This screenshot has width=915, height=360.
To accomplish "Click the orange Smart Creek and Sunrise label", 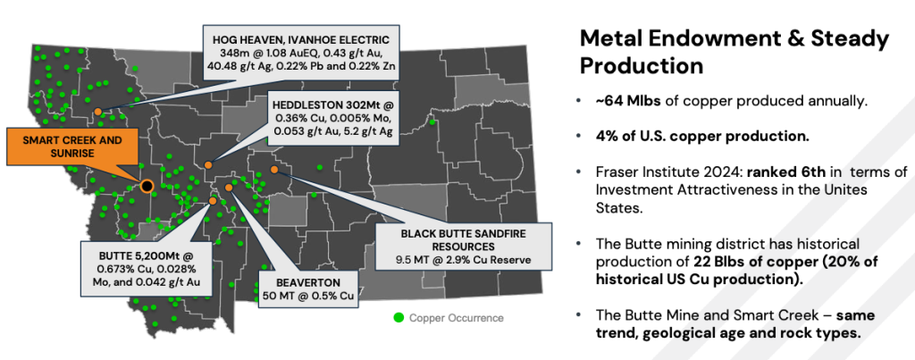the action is coord(73,146).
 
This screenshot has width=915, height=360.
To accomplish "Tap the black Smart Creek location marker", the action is coord(147,186).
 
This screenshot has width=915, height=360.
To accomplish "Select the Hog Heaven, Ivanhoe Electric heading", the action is coord(301,40).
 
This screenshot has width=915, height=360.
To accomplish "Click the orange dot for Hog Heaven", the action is coord(98,111).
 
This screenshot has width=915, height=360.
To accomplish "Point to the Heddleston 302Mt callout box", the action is coord(334,121).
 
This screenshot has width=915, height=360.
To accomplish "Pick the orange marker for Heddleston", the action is coord(207,165).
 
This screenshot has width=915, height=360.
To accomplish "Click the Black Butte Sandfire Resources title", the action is coord(464,239).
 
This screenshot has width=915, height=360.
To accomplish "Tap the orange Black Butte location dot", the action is coord(274,169).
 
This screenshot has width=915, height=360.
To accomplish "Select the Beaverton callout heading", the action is coord(308,281).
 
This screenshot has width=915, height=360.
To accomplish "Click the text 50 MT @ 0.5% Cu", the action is coord(308,295).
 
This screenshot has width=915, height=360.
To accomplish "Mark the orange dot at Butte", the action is coord(213,200).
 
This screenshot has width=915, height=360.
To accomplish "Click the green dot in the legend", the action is coord(399,318).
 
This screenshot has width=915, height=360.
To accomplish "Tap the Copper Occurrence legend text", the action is coord(457,318).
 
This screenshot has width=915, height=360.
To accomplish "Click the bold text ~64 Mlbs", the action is coord(628,101).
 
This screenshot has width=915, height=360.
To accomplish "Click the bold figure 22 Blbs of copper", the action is coord(745,261).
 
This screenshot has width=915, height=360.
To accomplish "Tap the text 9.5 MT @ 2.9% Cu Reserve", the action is coord(464,260).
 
